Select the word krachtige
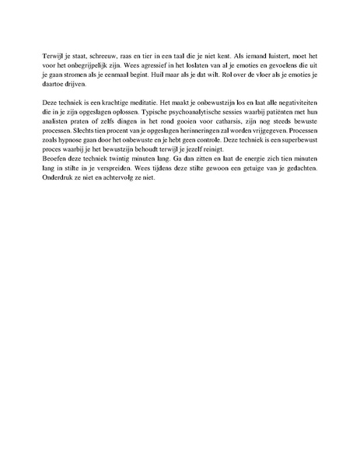click(107, 112)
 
